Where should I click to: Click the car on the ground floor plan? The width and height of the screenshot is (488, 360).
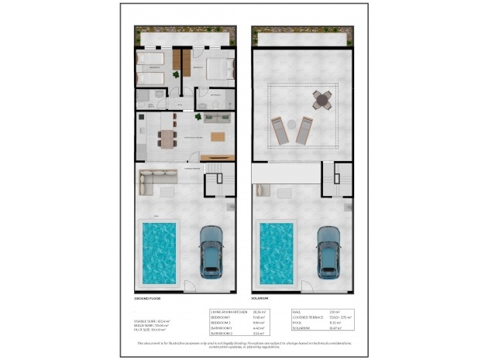pos(211,252)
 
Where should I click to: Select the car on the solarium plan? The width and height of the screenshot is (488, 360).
pos(328,252)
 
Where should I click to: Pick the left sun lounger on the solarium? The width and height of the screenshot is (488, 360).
pos(280,131)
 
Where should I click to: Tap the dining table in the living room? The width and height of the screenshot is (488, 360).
pos(168,139)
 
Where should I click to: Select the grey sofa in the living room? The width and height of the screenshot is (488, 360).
pos(216,118)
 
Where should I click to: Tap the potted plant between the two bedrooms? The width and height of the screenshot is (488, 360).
pos(177,74)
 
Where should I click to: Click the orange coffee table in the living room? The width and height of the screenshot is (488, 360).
pos(218,137)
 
